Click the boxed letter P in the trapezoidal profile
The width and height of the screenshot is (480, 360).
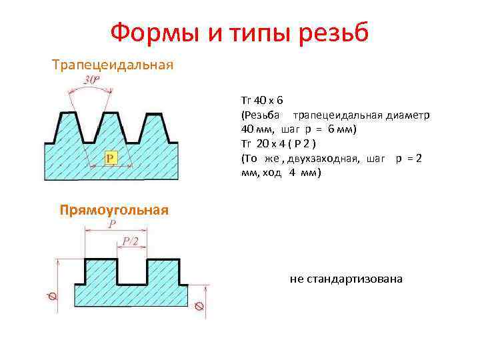pos(111,157)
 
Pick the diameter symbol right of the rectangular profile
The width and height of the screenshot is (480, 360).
pos(199,307)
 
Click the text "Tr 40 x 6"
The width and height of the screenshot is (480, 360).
pos(262,101)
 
